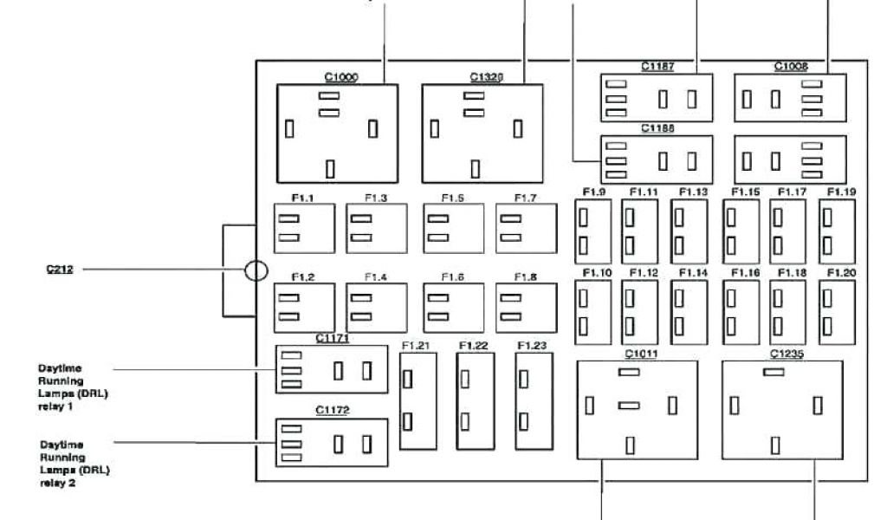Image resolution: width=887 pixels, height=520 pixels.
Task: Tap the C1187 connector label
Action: click(x=657, y=66)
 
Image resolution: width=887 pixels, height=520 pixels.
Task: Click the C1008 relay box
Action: click(x=790, y=98)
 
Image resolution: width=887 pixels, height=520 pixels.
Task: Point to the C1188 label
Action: click(x=657, y=128)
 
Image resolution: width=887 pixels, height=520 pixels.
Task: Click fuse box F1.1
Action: click(x=303, y=228)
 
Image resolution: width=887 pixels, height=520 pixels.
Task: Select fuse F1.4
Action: click(x=376, y=308)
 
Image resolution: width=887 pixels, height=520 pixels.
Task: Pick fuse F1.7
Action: click(x=526, y=228)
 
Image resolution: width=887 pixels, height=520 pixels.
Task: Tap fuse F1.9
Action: click(x=592, y=231)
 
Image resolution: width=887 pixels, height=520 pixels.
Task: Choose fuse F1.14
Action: click(x=689, y=311)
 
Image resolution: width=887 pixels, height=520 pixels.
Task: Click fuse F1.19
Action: click(x=837, y=231)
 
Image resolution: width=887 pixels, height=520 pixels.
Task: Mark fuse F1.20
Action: click(x=837, y=311)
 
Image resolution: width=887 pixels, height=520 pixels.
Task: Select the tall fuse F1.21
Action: click(x=418, y=400)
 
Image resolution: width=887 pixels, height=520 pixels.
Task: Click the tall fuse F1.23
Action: click(x=534, y=400)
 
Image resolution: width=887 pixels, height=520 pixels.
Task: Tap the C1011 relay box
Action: click(x=637, y=410)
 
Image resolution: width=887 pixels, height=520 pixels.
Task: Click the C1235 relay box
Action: click(x=782, y=410)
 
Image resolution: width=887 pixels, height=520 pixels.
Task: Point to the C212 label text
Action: click(x=59, y=270)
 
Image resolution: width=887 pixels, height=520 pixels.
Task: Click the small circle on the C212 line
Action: click(x=256, y=270)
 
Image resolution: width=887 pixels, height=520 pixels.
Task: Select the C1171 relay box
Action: click(x=332, y=369)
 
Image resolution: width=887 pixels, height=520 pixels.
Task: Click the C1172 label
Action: click(x=332, y=409)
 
